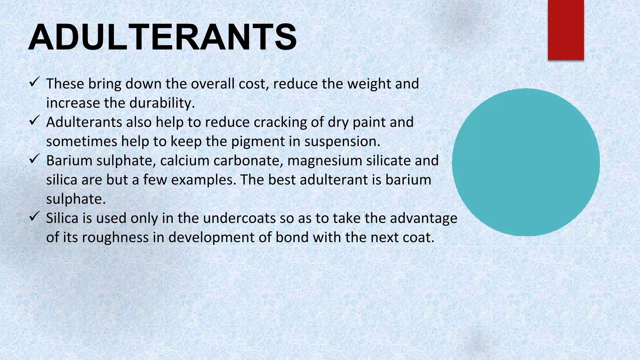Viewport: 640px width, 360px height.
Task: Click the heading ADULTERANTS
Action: click(x=162, y=37)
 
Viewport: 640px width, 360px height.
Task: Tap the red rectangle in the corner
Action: click(x=566, y=30)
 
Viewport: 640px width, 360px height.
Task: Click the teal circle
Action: click(x=526, y=162)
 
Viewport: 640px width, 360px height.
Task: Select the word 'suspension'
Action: click(x=342, y=142)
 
